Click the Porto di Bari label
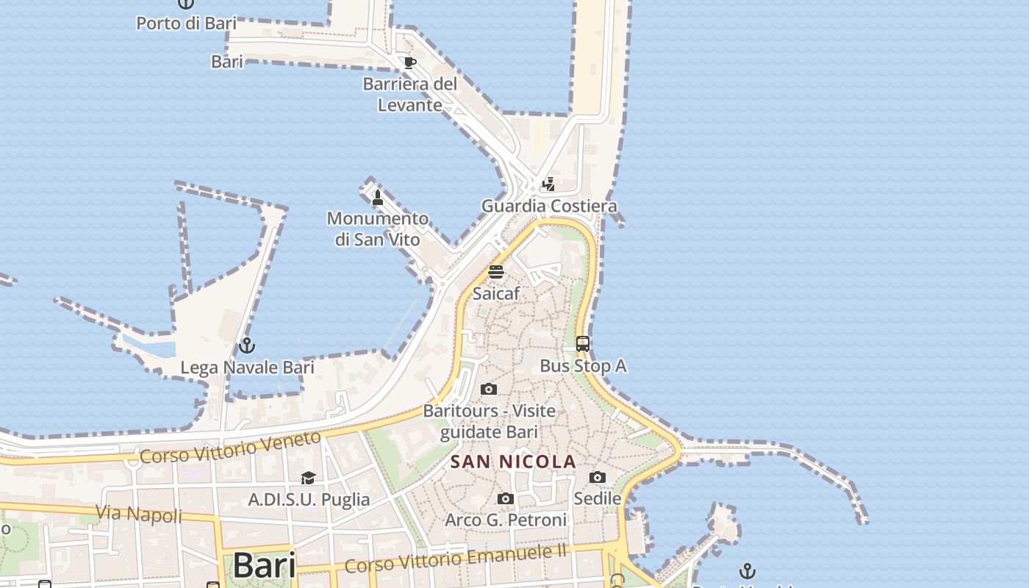click(x=186, y=23)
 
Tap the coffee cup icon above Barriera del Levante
click(x=409, y=62)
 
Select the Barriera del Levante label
click(x=410, y=94)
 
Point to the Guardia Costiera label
click(x=549, y=206)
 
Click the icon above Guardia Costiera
click(x=548, y=184)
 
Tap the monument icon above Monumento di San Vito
click(x=378, y=197)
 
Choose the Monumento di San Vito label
click(x=378, y=229)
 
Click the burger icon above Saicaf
click(x=496, y=271)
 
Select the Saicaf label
click(x=496, y=293)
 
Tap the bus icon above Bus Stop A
click(x=583, y=343)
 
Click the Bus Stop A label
click(x=583, y=365)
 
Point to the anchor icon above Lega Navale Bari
click(x=247, y=345)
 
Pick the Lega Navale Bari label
click(x=247, y=367)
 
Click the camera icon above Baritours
click(x=489, y=389)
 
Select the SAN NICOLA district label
click(x=513, y=462)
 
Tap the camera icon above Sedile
click(x=598, y=477)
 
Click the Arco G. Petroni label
click(x=506, y=520)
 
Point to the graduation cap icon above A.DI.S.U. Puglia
click(x=308, y=478)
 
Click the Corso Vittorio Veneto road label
click(x=230, y=447)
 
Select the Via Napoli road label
click(x=139, y=513)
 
